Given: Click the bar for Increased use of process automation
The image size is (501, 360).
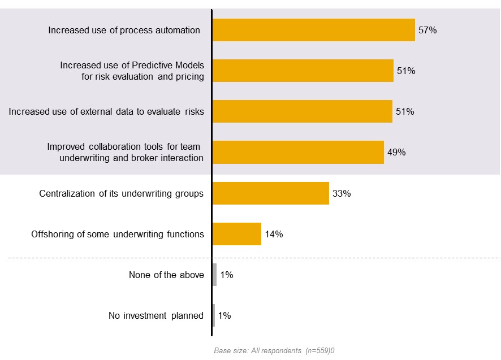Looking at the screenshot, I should tap(313, 30).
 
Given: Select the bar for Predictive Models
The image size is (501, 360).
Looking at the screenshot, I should tap(303, 71).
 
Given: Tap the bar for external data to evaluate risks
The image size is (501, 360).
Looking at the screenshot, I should tap(302, 111).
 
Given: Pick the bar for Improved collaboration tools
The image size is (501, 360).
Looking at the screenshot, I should tap(298, 152).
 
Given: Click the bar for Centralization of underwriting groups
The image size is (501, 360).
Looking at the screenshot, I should tap(270, 193).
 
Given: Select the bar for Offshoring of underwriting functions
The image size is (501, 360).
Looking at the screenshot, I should tap(236, 234).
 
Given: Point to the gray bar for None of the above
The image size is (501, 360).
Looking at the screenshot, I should tap(214, 275).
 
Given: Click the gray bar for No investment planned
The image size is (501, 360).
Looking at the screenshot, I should tap(214, 315).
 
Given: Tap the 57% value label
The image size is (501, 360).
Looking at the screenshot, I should tap(427, 31).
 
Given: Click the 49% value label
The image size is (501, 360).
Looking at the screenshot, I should tap(396, 153).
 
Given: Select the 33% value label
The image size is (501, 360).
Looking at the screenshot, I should tap(342, 193).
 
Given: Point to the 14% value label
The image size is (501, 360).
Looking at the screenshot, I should tap(274, 234).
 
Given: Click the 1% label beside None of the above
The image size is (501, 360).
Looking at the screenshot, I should tap(227, 275).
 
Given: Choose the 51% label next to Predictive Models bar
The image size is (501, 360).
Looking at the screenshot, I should tap(406, 71).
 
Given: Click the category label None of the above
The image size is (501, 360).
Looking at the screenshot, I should tap(166, 275).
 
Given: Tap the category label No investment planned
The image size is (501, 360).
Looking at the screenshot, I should tap(156, 316).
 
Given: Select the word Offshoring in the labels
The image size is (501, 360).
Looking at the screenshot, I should tap(51, 234).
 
